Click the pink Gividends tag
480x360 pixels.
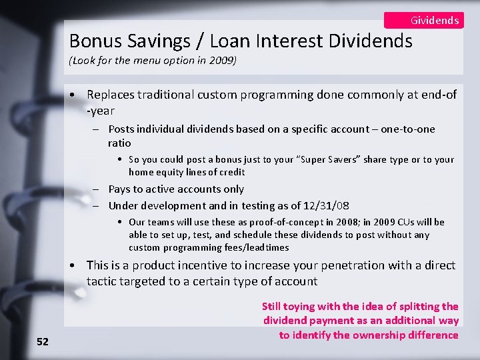pos(424,20)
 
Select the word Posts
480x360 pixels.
pos(121,129)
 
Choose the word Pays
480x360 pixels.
pos(121,189)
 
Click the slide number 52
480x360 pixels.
pos(42,341)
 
